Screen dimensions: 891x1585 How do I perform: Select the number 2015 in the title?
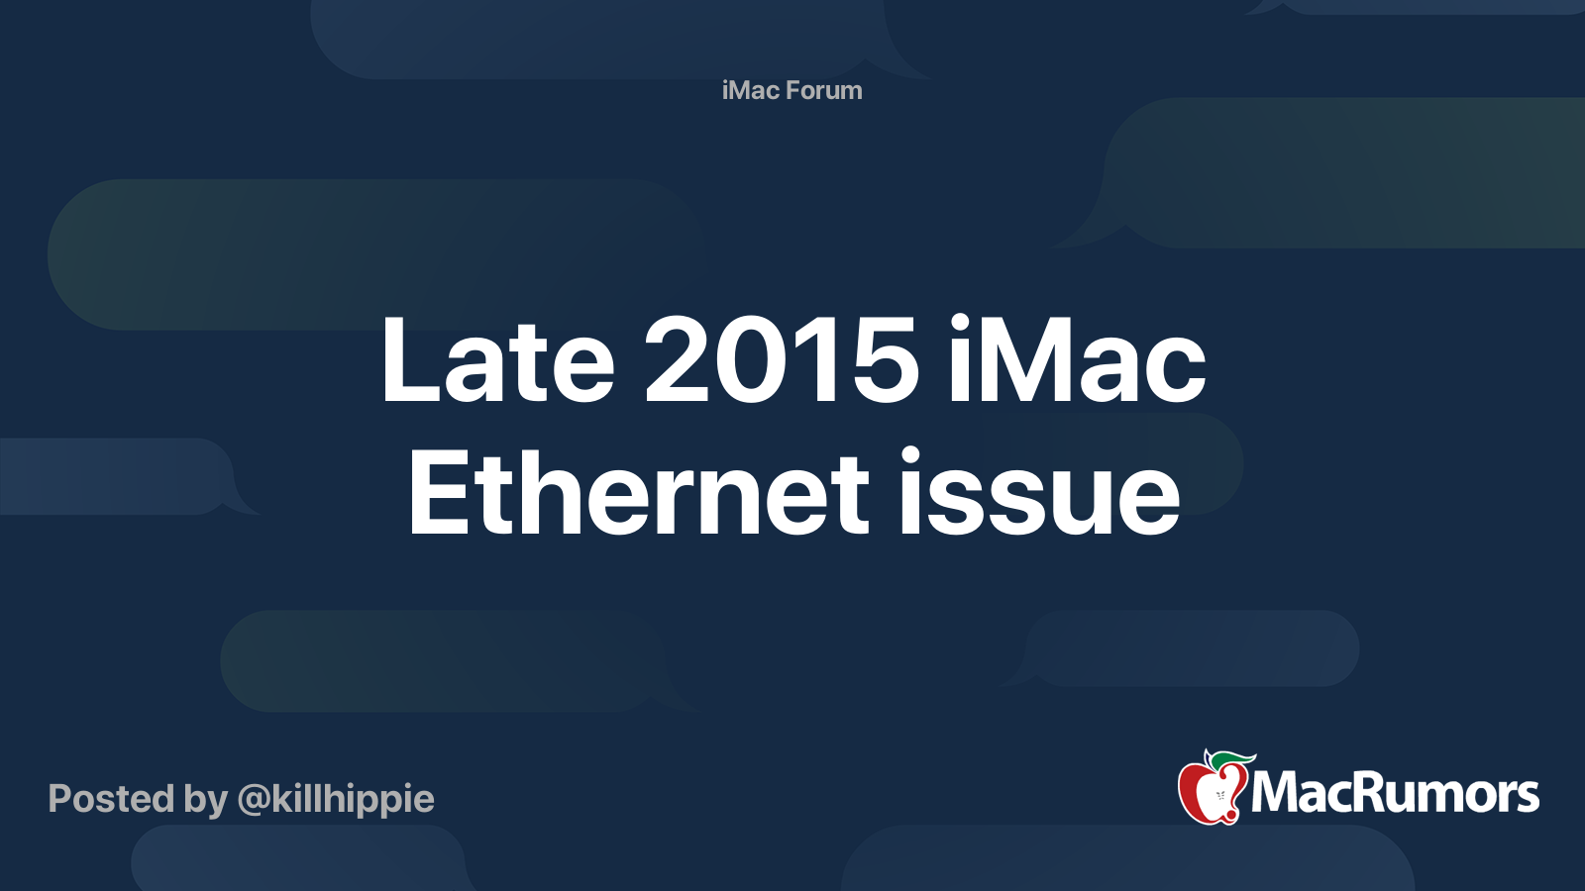click(782, 360)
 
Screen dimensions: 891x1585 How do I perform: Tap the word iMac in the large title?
click(1076, 360)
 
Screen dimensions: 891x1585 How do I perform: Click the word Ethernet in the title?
click(638, 493)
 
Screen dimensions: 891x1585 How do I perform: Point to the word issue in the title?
click(1039, 493)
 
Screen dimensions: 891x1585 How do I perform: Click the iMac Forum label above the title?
click(792, 90)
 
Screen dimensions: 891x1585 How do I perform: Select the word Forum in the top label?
click(823, 90)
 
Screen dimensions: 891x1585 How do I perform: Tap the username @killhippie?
click(336, 799)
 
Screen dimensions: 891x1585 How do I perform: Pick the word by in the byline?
click(205, 799)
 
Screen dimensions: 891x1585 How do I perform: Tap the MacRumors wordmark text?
click(1395, 794)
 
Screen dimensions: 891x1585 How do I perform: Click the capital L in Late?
click(406, 360)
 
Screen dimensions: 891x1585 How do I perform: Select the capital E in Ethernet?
click(437, 493)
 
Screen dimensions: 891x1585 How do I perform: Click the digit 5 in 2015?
click(884, 360)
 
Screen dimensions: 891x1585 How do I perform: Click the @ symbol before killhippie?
click(254, 800)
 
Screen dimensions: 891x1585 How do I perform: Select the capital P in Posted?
click(61, 799)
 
